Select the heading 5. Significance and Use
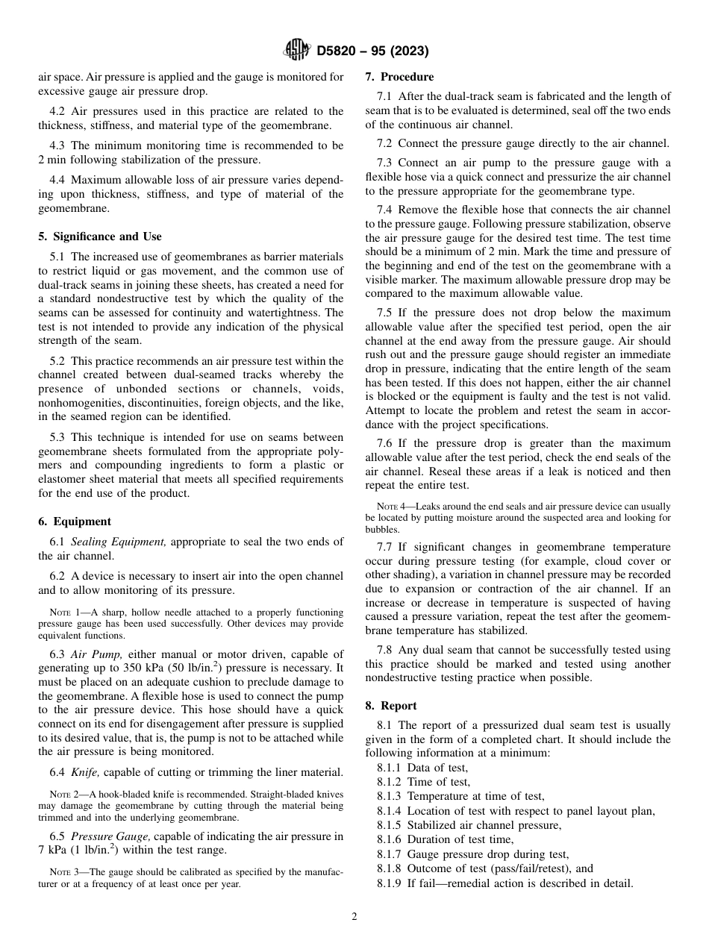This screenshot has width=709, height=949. tap(100, 237)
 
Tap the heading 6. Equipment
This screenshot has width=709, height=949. tap(75, 522)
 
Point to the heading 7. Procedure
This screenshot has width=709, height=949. tap(399, 76)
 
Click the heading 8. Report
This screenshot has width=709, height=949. tap(391, 705)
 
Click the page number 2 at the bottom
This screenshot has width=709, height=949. tap(354, 917)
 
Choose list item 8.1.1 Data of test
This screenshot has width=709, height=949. tap(422, 768)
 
